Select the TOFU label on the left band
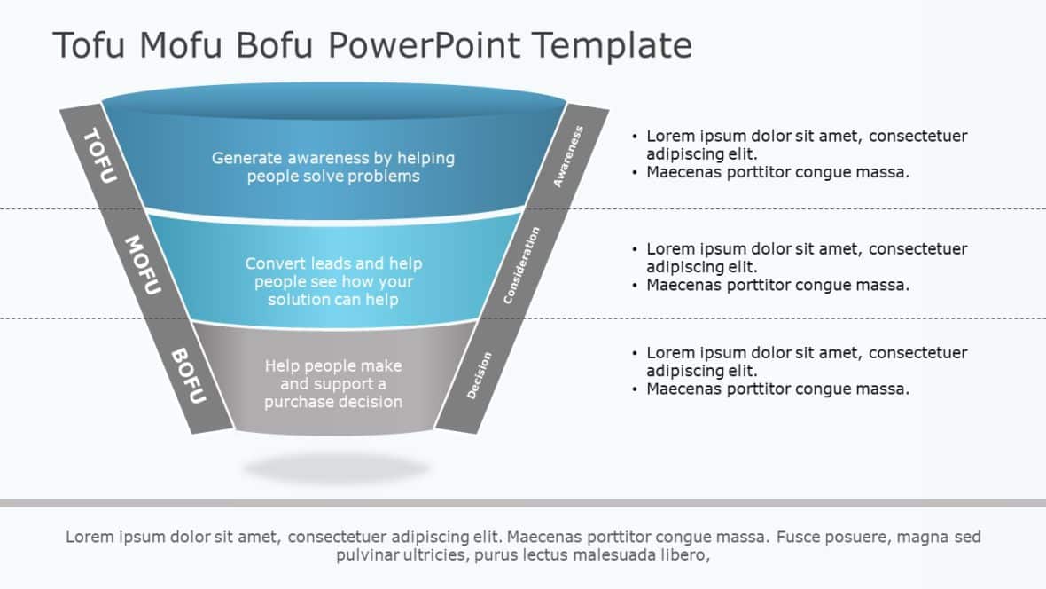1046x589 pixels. (x=99, y=155)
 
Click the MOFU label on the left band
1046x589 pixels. (x=142, y=264)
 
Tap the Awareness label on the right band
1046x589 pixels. (x=568, y=156)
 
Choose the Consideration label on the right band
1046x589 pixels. (x=521, y=265)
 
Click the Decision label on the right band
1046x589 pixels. (x=479, y=375)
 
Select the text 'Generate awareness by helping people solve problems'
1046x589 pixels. (x=333, y=167)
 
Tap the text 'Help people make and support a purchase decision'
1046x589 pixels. (x=333, y=384)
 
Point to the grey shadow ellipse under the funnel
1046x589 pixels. (x=336, y=467)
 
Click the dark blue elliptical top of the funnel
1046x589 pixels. (x=333, y=100)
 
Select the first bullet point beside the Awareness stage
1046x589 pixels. (x=806, y=145)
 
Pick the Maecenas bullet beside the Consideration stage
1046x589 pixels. (x=777, y=285)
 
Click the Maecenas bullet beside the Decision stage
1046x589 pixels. (x=777, y=389)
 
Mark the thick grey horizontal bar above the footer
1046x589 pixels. (x=523, y=503)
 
